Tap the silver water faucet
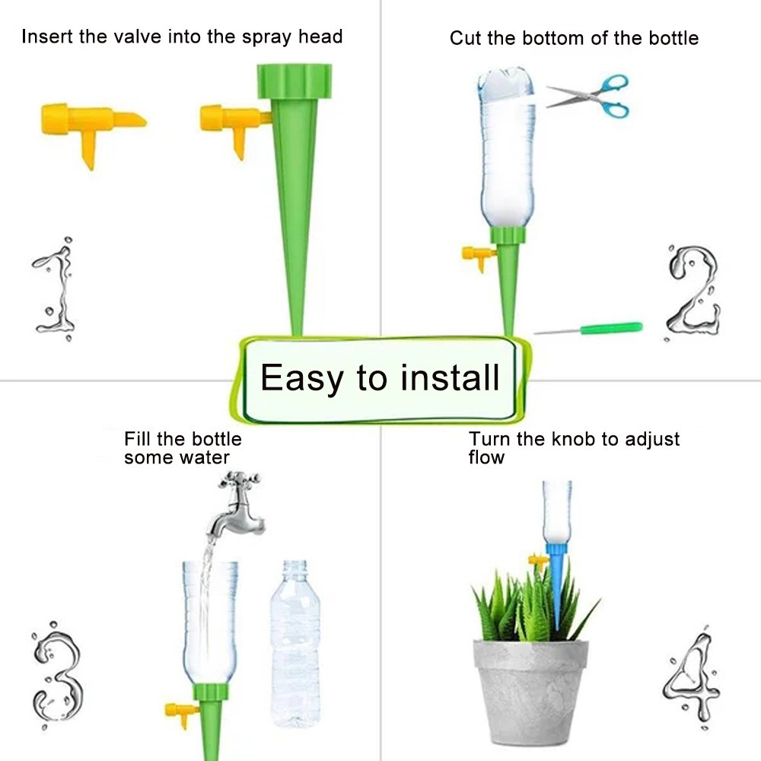(x=237, y=505)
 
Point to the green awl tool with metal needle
(x=588, y=329)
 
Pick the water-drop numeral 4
(x=692, y=680)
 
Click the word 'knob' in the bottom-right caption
(x=573, y=439)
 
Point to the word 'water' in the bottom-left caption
(x=204, y=457)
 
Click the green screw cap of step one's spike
(x=294, y=81)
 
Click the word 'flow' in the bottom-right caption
(x=486, y=457)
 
